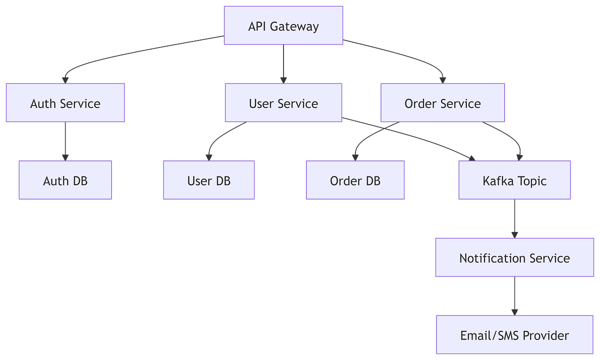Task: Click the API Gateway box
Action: pyautogui.click(x=283, y=25)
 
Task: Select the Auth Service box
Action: pyautogui.click(x=65, y=103)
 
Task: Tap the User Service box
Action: pyautogui.click(x=283, y=103)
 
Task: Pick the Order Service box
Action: pyautogui.click(x=442, y=103)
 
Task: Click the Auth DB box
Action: pyautogui.click(x=65, y=180)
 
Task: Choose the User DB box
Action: pyautogui.click(x=209, y=180)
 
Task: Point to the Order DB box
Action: pyautogui.click(x=355, y=180)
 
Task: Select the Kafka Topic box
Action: pyautogui.click(x=514, y=180)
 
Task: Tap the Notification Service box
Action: pyautogui.click(x=514, y=258)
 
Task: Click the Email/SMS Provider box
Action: pyautogui.click(x=514, y=334)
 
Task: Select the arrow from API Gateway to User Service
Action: pyautogui.click(x=283, y=63)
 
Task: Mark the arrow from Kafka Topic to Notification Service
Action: pyautogui.click(x=514, y=218)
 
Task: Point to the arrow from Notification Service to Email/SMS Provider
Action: pyautogui.click(x=514, y=295)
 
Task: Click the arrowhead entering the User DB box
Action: pyautogui.click(x=209, y=156)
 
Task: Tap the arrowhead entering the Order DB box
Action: pyautogui.click(x=355, y=156)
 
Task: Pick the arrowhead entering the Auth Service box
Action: pyautogui.click(x=64, y=79)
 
